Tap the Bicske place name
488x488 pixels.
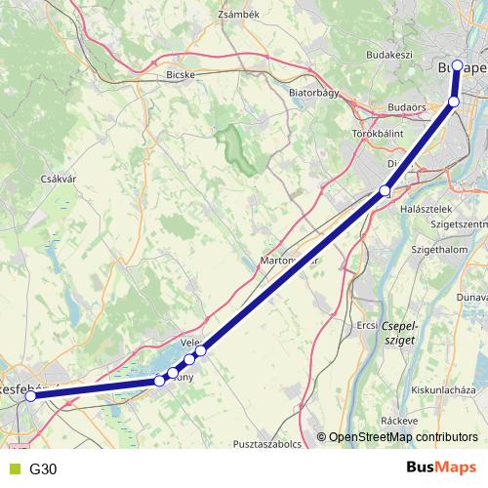click(x=183, y=73)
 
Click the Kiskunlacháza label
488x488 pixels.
click(x=443, y=388)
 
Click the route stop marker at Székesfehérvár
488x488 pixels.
click(x=30, y=396)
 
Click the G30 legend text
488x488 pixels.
click(x=43, y=469)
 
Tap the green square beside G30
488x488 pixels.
click(x=14, y=469)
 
